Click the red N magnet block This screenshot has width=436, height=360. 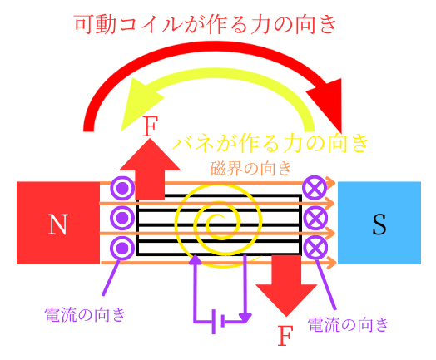58,223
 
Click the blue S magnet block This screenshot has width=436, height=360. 379,223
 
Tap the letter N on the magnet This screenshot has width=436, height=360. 58,224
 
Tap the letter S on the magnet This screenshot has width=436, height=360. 379,224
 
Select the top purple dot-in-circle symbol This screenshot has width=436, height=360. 122,189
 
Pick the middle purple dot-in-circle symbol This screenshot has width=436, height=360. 122,218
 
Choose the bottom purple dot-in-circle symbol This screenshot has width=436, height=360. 122,248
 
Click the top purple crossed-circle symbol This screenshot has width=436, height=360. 315,188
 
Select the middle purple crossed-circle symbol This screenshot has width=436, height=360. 315,218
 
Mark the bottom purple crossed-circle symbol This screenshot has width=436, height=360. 315,247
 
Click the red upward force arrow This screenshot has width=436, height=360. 150,170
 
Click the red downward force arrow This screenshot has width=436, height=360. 286,286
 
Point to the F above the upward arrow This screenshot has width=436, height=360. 150,126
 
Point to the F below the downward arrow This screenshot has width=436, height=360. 285,335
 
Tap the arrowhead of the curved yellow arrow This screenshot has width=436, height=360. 139,103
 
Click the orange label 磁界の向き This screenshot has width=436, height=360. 250,168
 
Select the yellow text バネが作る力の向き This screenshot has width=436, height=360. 270,143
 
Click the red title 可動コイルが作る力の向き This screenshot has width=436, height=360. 206,24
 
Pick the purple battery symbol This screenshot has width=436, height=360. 218,322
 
